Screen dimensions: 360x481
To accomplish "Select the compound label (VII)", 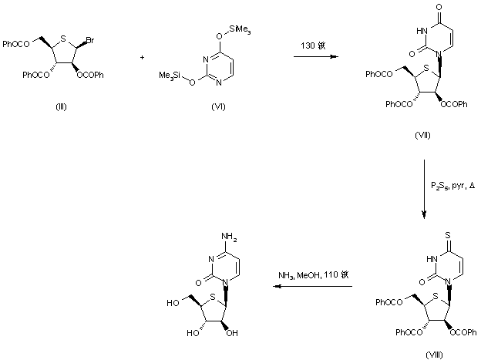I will point(423,135).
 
